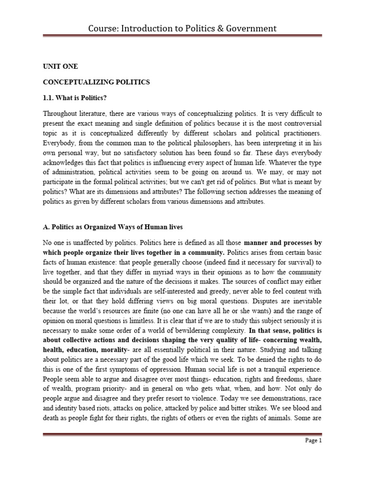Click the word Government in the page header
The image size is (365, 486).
pyautogui.click(x=247, y=29)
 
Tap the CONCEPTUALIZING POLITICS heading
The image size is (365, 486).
pyautogui.click(x=96, y=82)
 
